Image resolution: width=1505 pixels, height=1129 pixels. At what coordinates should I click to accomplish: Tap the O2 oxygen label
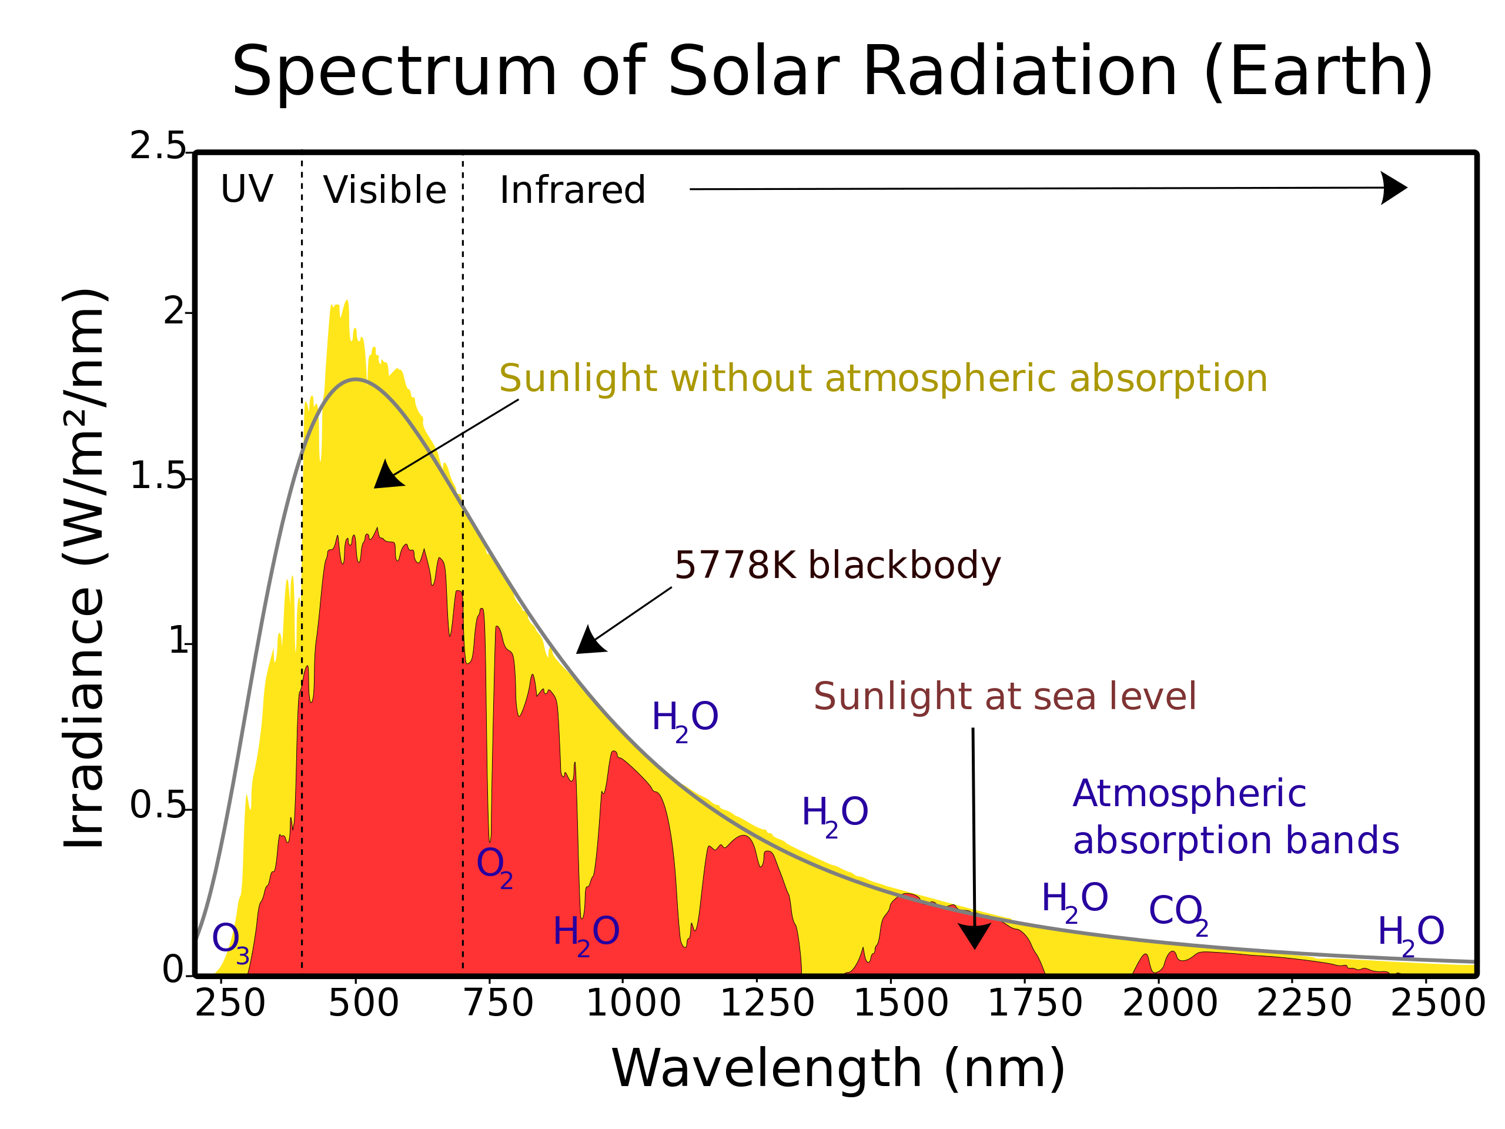pyautogui.click(x=494, y=866)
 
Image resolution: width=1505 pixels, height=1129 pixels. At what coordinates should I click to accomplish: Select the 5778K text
pyautogui.click(x=734, y=566)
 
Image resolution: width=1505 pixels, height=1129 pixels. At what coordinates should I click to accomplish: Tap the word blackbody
pyautogui.click(x=905, y=566)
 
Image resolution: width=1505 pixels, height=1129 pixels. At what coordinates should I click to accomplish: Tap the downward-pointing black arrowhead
pyautogui.click(x=974, y=936)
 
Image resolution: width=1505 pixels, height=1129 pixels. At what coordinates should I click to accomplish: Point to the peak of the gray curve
pyautogui.click(x=356, y=380)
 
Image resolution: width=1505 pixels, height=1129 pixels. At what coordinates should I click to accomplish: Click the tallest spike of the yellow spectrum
pyautogui.click(x=346, y=302)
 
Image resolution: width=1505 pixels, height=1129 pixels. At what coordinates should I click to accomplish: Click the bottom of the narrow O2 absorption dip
pyautogui.click(x=490, y=840)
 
